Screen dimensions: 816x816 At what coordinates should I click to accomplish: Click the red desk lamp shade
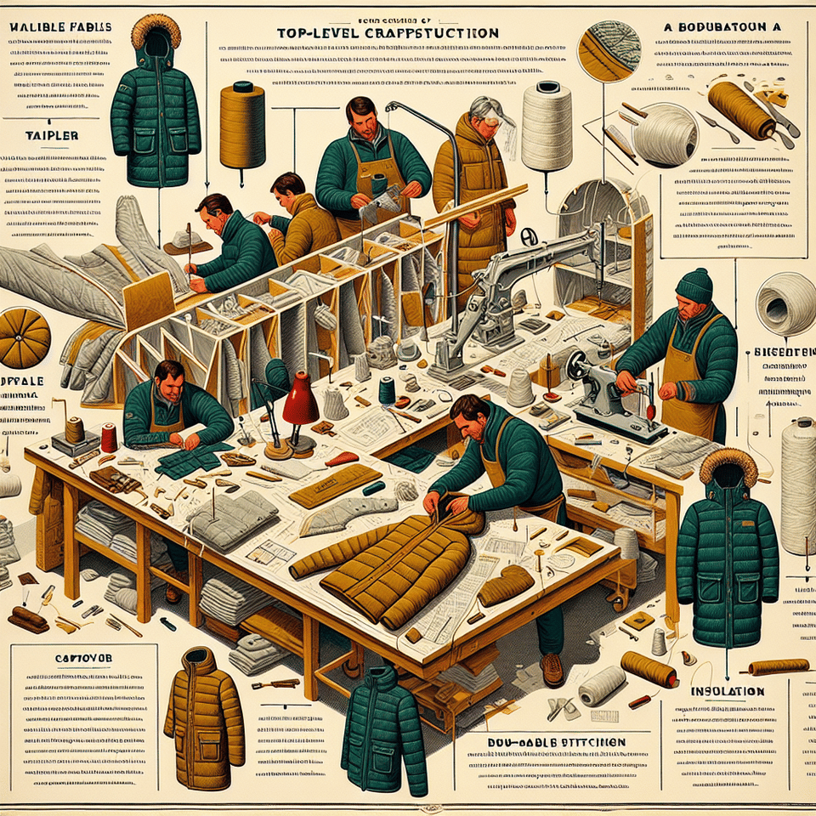coord(300,399)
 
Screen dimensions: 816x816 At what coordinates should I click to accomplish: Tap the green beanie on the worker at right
coord(695,286)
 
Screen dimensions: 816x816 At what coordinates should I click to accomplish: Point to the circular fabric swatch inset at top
coord(609,51)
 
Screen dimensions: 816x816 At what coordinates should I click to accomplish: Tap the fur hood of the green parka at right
coord(728,467)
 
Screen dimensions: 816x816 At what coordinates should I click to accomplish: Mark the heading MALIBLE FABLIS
coord(59,27)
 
